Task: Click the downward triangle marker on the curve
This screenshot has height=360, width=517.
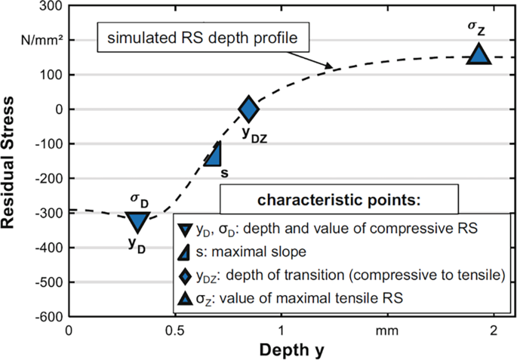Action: coord(137,221)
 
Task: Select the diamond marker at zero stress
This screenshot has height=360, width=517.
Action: coord(249,109)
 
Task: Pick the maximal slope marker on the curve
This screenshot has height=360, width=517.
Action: coord(214,154)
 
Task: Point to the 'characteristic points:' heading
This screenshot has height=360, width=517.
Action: coord(338,201)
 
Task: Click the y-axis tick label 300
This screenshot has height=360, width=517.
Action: coord(51,6)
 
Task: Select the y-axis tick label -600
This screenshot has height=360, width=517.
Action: coord(47,316)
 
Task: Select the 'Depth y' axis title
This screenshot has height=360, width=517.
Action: coord(291,350)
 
